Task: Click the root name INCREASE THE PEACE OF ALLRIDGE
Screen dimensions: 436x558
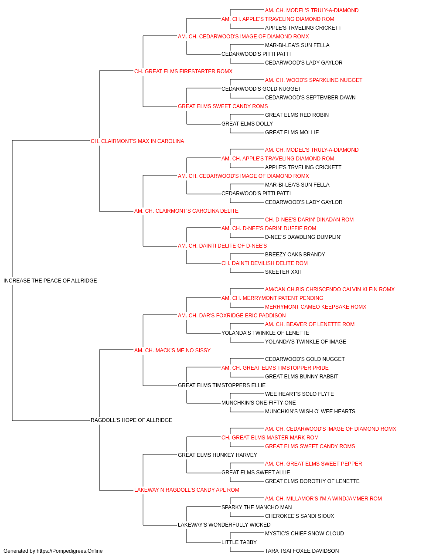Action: (x=50, y=281)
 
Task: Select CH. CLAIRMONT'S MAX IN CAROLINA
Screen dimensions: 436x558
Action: (x=137, y=141)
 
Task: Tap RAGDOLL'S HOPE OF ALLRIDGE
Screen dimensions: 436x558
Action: (x=131, y=420)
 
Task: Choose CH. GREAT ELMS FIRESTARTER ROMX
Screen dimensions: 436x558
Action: (x=183, y=71)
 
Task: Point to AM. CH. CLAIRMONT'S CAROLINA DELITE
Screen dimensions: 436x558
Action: (x=187, y=211)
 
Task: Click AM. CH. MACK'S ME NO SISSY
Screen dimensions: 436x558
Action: (x=172, y=350)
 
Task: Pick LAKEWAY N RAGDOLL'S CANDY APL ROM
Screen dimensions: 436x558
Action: (x=187, y=490)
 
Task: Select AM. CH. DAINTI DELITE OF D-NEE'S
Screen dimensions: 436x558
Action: (x=222, y=246)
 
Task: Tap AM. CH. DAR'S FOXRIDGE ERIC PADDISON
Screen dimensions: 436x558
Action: (x=232, y=315)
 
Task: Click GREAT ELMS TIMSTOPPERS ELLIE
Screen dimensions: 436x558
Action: (x=221, y=385)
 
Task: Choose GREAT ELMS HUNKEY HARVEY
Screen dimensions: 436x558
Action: (x=218, y=455)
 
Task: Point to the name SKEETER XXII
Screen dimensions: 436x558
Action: (x=283, y=272)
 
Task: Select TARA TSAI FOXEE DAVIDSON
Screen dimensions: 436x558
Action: (x=302, y=551)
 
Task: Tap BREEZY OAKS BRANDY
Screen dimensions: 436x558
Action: (x=295, y=255)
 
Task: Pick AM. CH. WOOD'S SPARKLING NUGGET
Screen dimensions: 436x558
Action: (x=313, y=80)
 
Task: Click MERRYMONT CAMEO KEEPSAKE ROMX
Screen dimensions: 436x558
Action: (x=316, y=306)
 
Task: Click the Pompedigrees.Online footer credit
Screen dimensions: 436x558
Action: (x=53, y=551)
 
